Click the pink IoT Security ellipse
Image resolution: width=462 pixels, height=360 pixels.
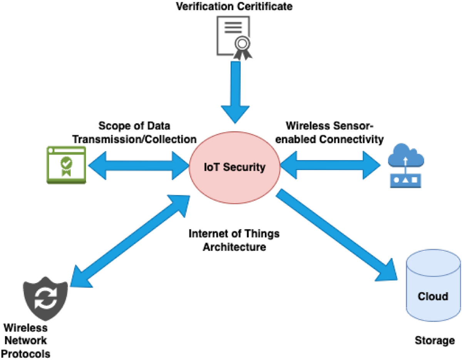pos(234,168)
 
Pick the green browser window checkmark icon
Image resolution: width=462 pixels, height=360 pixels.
pos(66,164)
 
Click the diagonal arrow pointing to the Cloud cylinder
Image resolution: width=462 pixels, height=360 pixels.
pos(335,235)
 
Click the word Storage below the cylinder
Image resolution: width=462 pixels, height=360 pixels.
pos(434,340)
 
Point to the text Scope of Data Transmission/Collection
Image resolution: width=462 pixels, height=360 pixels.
pos(134,133)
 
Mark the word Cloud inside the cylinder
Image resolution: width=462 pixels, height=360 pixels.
pos(433,296)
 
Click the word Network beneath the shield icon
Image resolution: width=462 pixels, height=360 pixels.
pos(25,340)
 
